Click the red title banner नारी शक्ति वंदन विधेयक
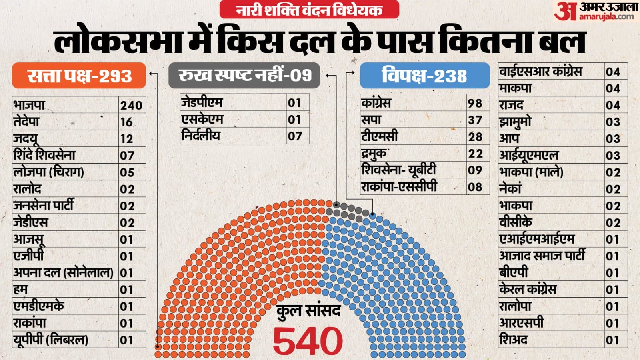coord(309,10)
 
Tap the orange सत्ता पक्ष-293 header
coord(79,76)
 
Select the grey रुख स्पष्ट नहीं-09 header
coord(244,75)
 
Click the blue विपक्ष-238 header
coord(424,75)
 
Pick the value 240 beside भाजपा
coord(131,105)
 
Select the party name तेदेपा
coord(27,122)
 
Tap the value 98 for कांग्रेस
coord(475,103)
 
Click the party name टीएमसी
coord(379,136)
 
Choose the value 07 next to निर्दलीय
coord(295,136)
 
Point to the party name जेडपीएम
coord(202,102)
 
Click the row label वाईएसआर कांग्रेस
coord(540,72)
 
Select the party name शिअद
coord(513,340)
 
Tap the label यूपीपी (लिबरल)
coord(51,340)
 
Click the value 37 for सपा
coord(475,120)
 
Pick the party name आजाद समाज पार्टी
coord(542,256)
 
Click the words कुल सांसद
coord(308,311)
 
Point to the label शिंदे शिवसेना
coord(44,155)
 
